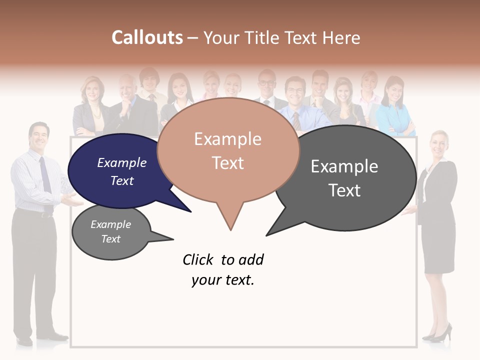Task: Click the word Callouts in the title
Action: [x=147, y=38]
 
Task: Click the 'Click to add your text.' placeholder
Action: [x=223, y=270]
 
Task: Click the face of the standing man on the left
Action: [x=39, y=137]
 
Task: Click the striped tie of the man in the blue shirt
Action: [x=296, y=120]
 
